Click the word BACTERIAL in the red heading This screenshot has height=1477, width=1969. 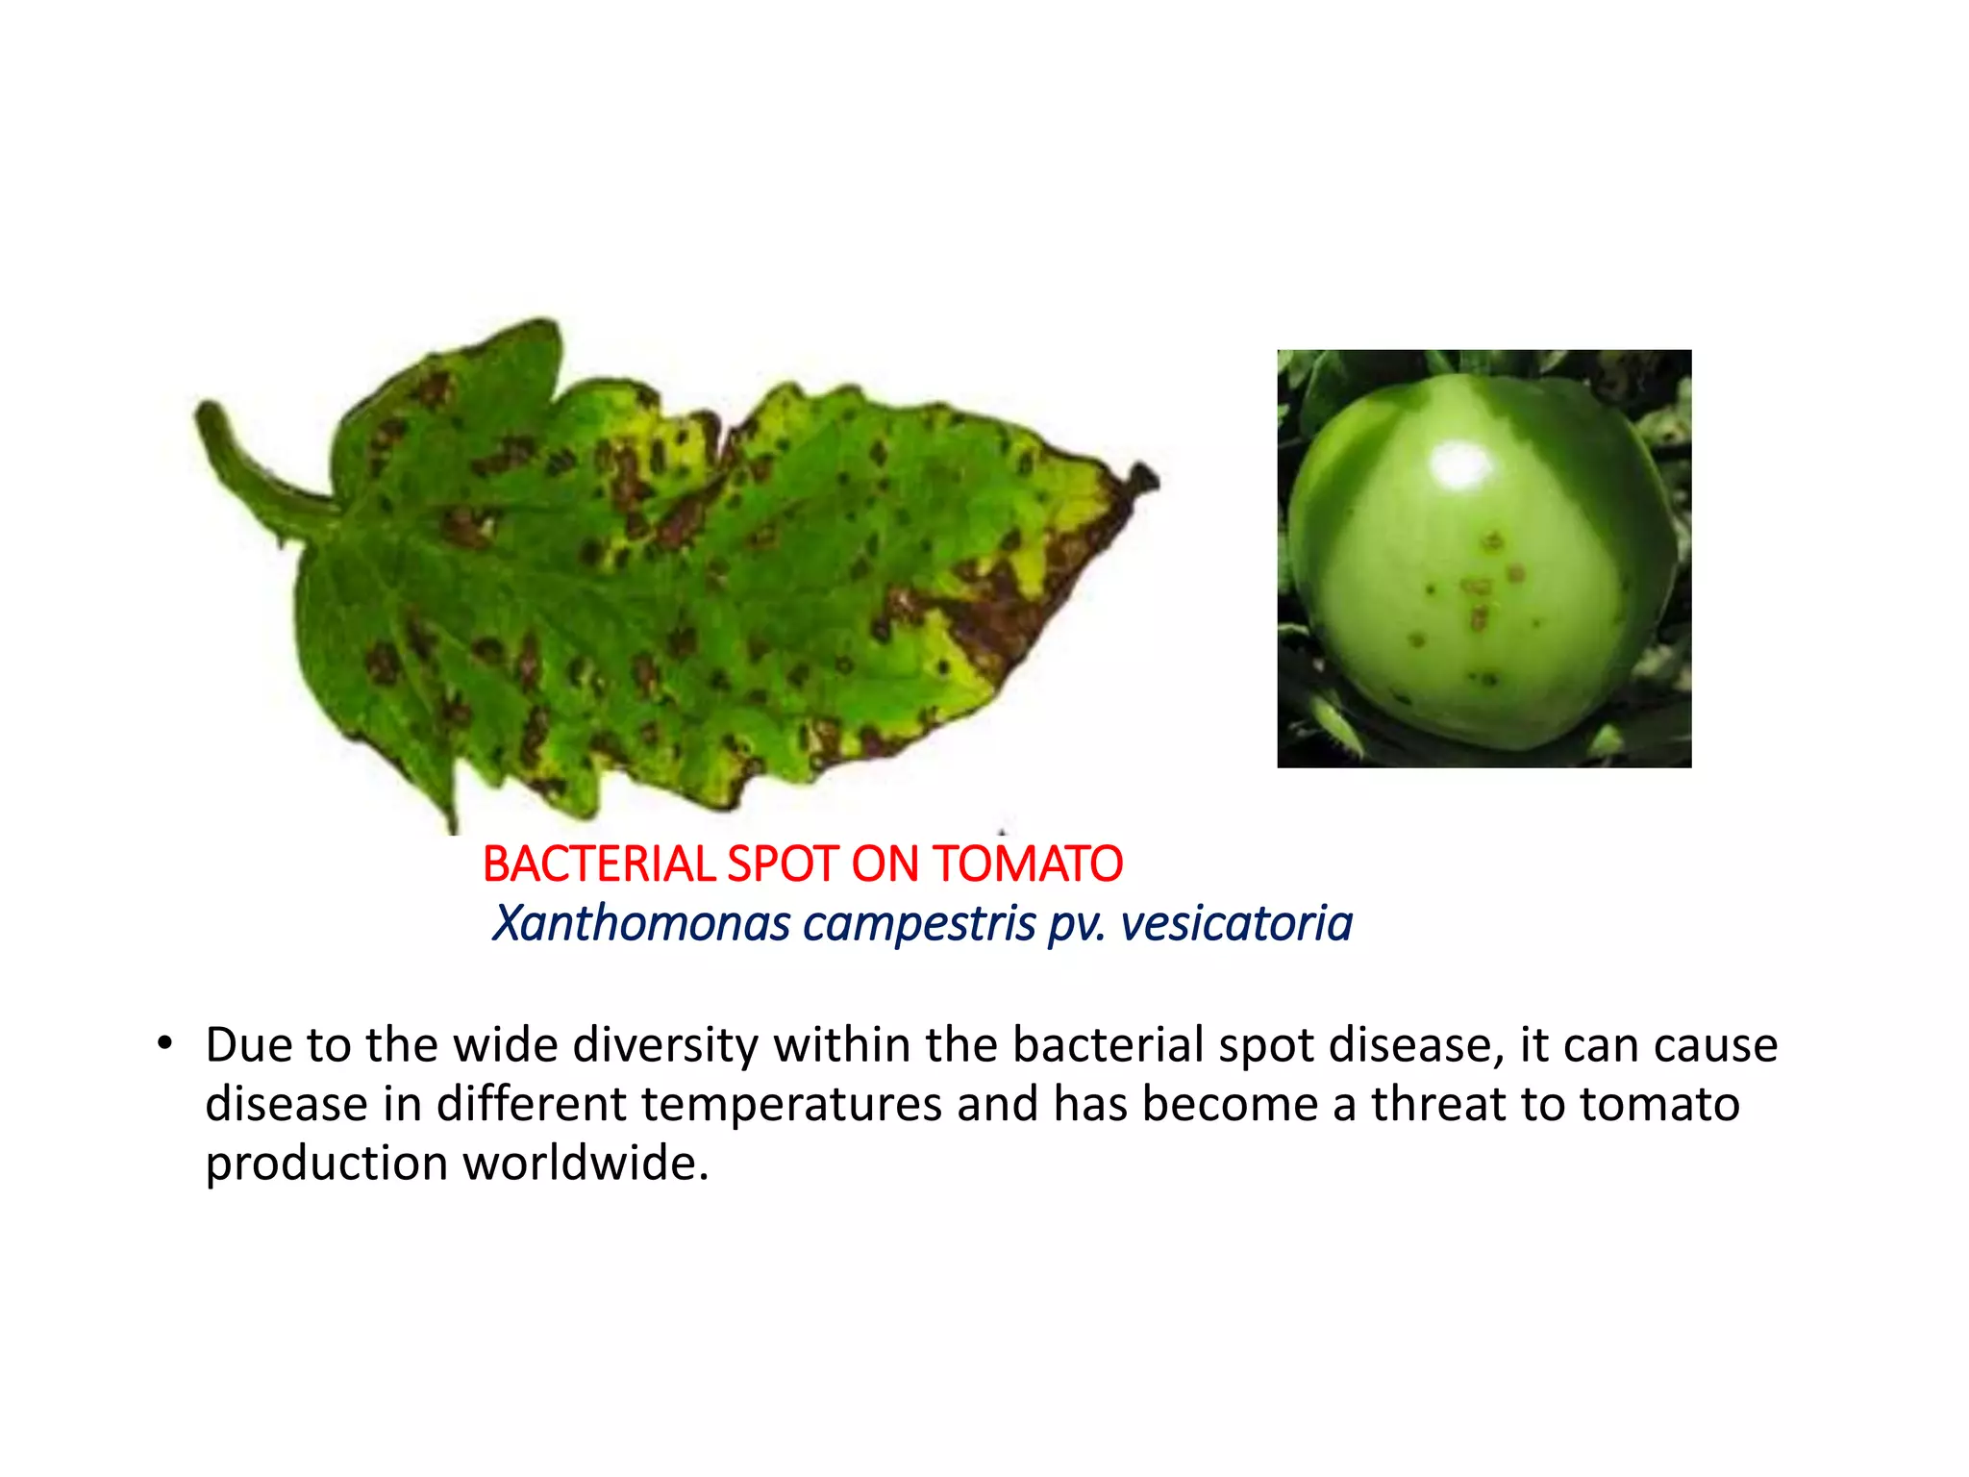[599, 864]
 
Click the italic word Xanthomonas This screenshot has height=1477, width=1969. [641, 923]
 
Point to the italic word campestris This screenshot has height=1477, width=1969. [919, 923]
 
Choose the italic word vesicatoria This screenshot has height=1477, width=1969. [1236, 923]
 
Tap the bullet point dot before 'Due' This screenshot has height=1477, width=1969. [165, 1043]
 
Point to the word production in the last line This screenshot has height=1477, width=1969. [326, 1164]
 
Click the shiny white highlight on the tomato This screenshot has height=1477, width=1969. [1462, 466]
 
